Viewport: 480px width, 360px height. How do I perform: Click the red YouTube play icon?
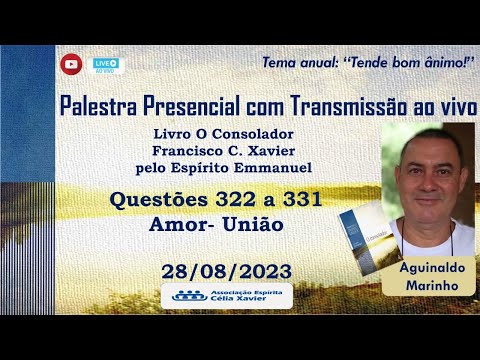click(x=71, y=64)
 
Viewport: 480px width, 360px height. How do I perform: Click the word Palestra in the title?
click(x=98, y=105)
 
